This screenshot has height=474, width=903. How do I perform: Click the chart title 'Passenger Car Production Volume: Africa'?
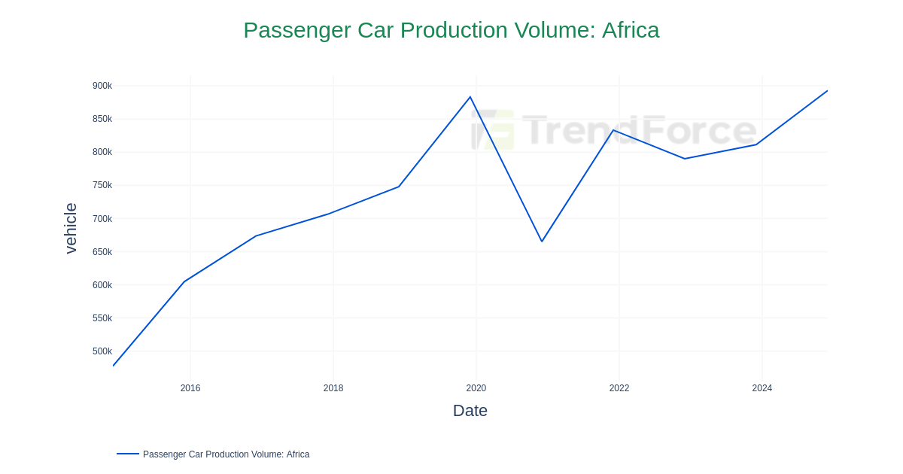pyautogui.click(x=451, y=30)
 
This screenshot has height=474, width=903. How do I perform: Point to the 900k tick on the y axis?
pyautogui.click(x=102, y=86)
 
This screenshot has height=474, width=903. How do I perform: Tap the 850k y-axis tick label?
pyautogui.click(x=102, y=119)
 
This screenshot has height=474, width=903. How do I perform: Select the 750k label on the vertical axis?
pyautogui.click(x=102, y=185)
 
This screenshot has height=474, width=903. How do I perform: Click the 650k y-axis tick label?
pyautogui.click(x=102, y=252)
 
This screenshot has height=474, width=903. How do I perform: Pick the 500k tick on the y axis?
pyautogui.click(x=102, y=351)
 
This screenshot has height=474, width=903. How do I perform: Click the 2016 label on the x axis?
pyautogui.click(x=190, y=388)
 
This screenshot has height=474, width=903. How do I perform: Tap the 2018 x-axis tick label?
pyautogui.click(x=333, y=388)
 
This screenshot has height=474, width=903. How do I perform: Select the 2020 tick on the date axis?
pyautogui.click(x=476, y=388)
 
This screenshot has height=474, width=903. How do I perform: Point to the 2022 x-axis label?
pyautogui.click(x=619, y=388)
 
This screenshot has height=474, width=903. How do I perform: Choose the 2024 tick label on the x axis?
pyautogui.click(x=762, y=388)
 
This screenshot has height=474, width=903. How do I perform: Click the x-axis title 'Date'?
pyautogui.click(x=470, y=411)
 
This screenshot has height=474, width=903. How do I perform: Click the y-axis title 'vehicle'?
pyautogui.click(x=71, y=228)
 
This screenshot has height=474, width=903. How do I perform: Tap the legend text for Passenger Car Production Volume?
pyautogui.click(x=226, y=454)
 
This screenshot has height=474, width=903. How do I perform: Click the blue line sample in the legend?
pyautogui.click(x=128, y=454)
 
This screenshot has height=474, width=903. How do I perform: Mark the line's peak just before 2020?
pyautogui.click(x=470, y=97)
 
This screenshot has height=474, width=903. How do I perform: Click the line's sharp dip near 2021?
pyautogui.click(x=542, y=242)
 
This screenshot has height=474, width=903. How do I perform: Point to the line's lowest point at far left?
pyautogui.click(x=114, y=366)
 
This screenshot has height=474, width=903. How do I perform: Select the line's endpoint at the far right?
pyautogui.click(x=827, y=91)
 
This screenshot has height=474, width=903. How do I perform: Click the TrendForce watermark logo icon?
pyautogui.click(x=493, y=129)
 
